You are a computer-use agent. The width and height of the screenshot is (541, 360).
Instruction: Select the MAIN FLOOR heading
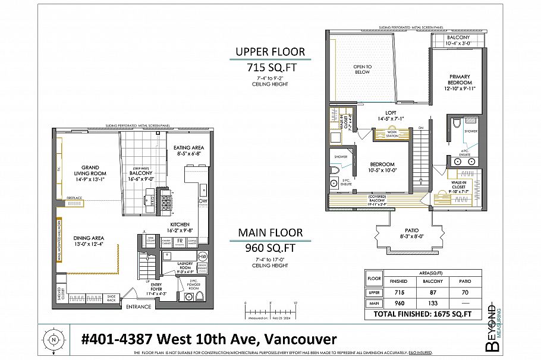click(x=270, y=232)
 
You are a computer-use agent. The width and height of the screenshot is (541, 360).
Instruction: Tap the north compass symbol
click(x=54, y=340)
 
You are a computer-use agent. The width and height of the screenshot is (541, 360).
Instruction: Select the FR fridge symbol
click(x=179, y=241)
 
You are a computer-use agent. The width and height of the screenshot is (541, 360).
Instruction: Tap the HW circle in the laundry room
click(x=202, y=255)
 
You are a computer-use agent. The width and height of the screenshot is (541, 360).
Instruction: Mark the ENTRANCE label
click(x=138, y=307)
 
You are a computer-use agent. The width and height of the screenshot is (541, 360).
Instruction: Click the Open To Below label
click(x=362, y=69)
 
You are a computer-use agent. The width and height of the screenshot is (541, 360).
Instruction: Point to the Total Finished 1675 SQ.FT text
click(x=427, y=313)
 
